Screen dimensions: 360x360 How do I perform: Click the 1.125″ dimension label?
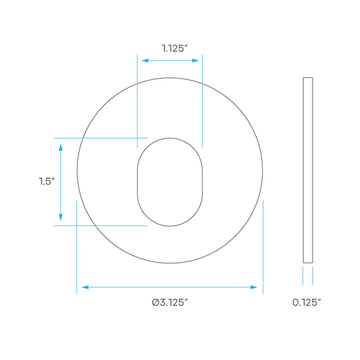click(175, 49)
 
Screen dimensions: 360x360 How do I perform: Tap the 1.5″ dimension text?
click(47, 181)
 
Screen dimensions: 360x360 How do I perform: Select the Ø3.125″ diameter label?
click(170, 303)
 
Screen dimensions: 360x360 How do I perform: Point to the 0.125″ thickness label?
click(307, 303)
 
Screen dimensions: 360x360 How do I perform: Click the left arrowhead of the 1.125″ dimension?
click(145, 61)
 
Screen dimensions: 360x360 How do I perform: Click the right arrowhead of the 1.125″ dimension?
click(195, 61)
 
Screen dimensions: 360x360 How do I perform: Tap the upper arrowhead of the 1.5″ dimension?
click(61, 147)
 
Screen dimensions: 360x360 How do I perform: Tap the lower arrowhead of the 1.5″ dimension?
click(61, 217)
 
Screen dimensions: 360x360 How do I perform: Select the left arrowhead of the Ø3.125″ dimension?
click(85, 287)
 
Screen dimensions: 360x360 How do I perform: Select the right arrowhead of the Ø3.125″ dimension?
click(254, 287)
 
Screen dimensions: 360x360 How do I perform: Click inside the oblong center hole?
click(170, 182)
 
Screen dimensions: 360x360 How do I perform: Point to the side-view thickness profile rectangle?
click(308, 170)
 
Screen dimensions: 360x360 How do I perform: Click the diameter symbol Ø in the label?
click(155, 303)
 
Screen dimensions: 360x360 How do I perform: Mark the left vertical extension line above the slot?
click(137, 101)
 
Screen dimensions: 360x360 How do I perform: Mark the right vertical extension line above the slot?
click(202, 101)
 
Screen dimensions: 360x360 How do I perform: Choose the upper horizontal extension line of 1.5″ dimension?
click(101, 138)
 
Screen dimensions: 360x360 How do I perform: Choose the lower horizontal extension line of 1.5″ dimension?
click(101, 226)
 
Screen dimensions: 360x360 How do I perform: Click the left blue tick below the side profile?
click(303, 276)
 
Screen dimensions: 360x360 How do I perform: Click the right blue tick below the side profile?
click(313, 276)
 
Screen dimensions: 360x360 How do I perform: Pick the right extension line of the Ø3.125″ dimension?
click(263, 247)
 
